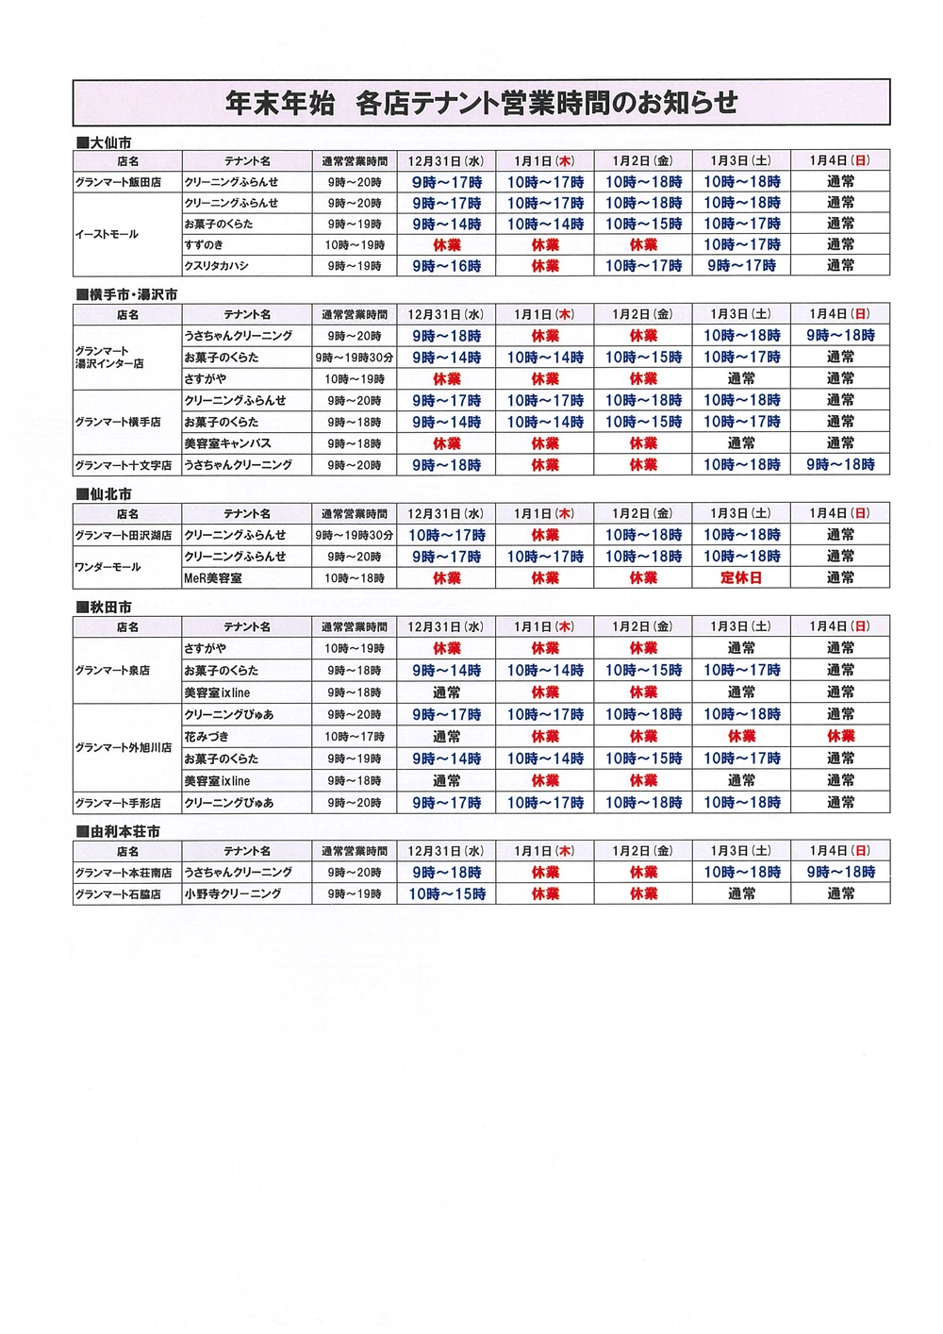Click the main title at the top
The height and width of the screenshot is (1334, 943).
[481, 103]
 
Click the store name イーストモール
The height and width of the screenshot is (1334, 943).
[107, 234]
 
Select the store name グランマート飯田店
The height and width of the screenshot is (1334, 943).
[118, 182]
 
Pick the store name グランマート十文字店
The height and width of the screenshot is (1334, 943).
[124, 465]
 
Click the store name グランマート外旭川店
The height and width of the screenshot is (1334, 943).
[124, 747]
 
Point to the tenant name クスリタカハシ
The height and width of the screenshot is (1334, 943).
[217, 266]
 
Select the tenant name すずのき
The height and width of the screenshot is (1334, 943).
[205, 245]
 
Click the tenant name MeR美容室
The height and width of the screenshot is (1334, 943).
[213, 578]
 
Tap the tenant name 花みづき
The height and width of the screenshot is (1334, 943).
[207, 737]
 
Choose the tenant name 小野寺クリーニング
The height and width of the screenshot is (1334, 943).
[233, 893]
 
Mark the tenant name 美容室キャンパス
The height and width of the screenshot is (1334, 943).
[227, 443]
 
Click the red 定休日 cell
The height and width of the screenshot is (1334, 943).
[741, 578]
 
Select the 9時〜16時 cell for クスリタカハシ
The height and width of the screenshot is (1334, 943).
[446, 266]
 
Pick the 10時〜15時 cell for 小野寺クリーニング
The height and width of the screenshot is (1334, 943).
[446, 893]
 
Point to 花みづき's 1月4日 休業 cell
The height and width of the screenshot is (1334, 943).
[840, 737]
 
